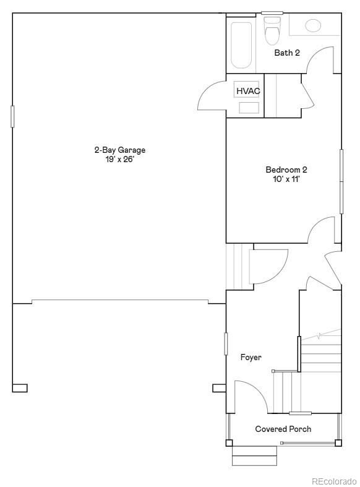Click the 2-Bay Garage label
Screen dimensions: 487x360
pos(119,150)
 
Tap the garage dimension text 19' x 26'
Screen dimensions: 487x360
pos(119,159)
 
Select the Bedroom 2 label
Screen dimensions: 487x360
pos(286,170)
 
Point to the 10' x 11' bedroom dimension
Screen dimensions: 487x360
pos(286,179)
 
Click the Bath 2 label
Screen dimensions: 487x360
pos(287,53)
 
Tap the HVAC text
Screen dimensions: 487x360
pos(248,91)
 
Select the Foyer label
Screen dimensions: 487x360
pos(251,357)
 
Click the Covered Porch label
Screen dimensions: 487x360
pos(283,429)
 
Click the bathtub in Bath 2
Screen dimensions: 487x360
pos(242,45)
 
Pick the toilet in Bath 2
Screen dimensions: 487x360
pos(272,31)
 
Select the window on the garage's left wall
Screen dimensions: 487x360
pos(12,116)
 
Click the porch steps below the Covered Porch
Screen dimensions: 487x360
pos(254,457)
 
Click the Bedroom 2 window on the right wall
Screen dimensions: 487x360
pos(341,181)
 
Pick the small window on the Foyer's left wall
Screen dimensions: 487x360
pos(226,343)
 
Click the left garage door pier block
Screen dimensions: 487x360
pos(19,388)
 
